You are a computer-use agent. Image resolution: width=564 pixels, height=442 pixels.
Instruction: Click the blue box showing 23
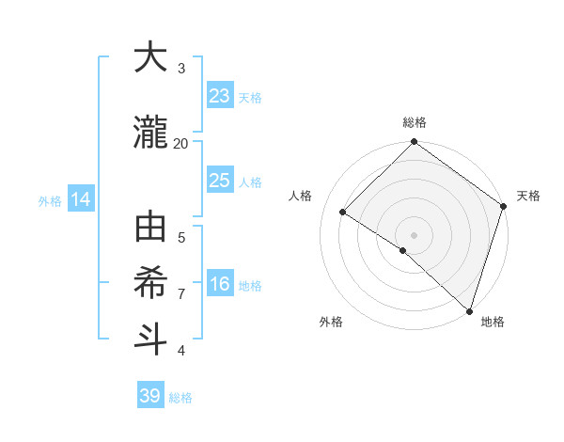tap(219, 95)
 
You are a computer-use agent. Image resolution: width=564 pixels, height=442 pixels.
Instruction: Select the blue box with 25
tap(219, 181)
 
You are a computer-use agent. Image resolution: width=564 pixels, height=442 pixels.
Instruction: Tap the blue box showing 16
tap(219, 285)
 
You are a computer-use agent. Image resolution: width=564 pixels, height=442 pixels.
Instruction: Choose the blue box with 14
tap(81, 199)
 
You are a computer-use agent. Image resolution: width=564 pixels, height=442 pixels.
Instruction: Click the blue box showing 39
tap(150, 396)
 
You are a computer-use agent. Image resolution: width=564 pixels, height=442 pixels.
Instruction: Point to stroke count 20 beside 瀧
tap(180, 143)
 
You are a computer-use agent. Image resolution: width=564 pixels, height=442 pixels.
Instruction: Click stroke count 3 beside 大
tap(181, 68)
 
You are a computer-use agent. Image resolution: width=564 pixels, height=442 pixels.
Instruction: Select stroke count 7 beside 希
tap(181, 293)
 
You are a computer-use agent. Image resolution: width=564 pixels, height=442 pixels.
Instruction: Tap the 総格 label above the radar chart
tap(414, 123)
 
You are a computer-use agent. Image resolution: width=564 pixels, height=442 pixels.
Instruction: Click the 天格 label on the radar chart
tap(528, 196)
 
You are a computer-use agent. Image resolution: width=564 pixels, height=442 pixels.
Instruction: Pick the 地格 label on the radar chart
tap(493, 322)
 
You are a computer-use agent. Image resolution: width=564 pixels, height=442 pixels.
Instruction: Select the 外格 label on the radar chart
tap(331, 322)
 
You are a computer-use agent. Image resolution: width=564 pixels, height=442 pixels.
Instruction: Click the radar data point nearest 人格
tap(343, 212)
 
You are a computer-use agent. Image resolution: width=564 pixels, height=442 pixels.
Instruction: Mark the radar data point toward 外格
tap(402, 250)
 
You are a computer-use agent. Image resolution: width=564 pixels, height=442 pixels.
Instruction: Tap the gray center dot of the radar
tap(414, 234)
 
